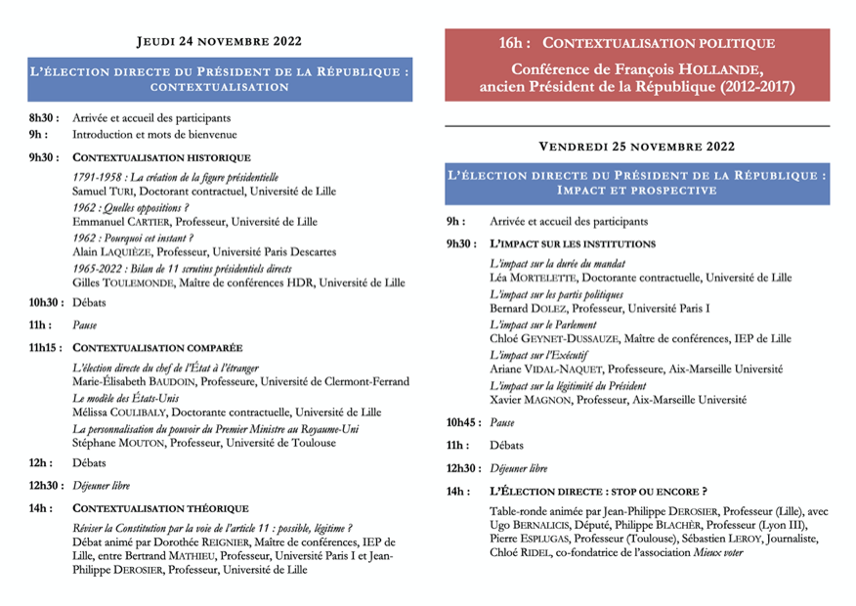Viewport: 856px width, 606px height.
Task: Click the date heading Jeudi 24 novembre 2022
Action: pyautogui.click(x=219, y=41)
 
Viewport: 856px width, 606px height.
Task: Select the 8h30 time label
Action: pyautogui.click(x=43, y=117)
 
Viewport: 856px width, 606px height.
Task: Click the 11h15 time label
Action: pyautogui.click(x=46, y=347)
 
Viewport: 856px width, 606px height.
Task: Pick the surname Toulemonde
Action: pyautogui.click(x=134, y=282)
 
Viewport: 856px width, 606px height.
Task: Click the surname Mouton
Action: pyautogui.click(x=142, y=443)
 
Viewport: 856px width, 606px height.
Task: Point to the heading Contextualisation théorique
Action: pyautogui.click(x=161, y=509)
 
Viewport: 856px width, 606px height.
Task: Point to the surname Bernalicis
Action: pyautogui.click(x=545, y=524)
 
